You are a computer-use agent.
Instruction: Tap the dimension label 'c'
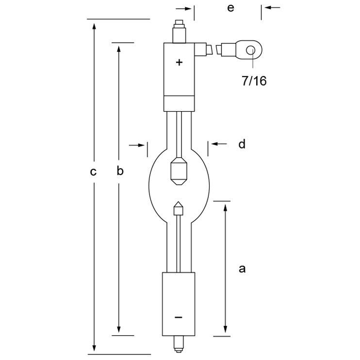pos(94,171)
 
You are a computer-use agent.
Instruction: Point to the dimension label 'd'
pos(242,144)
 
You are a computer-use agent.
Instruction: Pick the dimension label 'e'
pos(230,8)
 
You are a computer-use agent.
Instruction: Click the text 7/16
pos(254,81)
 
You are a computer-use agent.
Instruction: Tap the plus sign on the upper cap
pos(180,62)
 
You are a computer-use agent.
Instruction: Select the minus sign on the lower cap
pos(179,317)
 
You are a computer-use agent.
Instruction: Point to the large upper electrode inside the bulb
pos(179,171)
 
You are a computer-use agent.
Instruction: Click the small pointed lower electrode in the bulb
pos(179,209)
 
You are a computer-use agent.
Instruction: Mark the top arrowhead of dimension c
pos(94,24)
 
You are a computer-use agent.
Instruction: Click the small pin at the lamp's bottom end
pos(179,344)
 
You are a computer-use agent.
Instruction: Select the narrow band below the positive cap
pos(179,103)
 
